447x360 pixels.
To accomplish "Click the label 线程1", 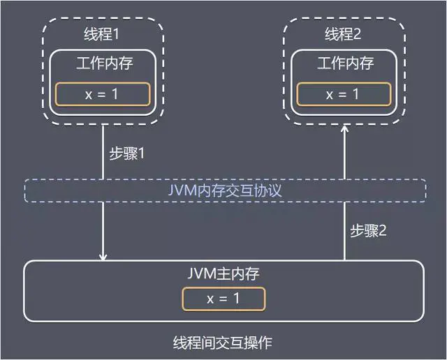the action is (103, 34).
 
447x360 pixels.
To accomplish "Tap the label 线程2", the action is (345, 34).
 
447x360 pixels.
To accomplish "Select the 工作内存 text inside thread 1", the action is (103, 63).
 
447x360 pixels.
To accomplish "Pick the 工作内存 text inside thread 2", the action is (345, 63).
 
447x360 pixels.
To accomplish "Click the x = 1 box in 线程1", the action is (103, 94).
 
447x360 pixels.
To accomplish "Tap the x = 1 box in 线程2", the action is (342, 94).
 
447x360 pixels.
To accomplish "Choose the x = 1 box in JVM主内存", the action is (223, 299).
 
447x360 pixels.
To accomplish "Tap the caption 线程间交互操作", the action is (223, 343).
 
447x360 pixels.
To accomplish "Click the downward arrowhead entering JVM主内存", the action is (103, 257).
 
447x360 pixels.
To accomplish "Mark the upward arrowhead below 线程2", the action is (344, 130).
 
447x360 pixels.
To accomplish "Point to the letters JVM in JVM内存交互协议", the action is (182, 190).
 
